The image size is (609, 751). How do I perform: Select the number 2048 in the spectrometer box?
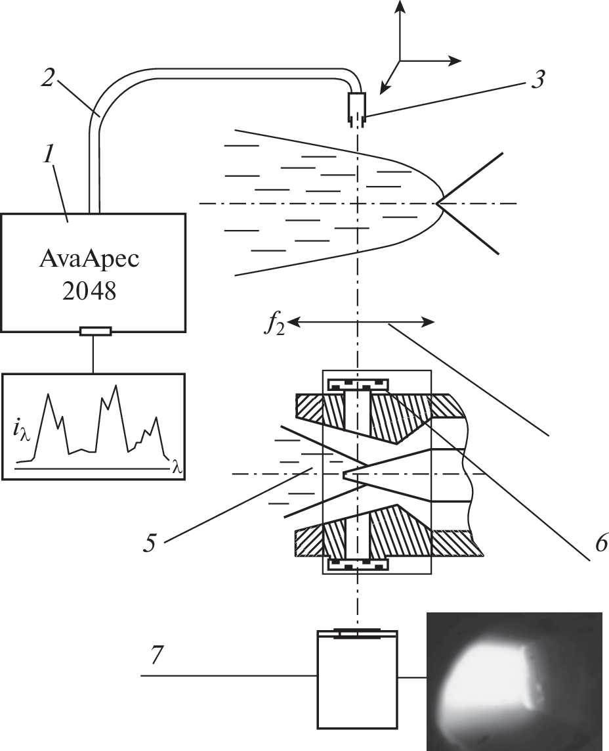(x=94, y=292)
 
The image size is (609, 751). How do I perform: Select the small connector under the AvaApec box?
(x=94, y=331)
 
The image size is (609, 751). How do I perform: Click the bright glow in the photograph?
(x=486, y=677)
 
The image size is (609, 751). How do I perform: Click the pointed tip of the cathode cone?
(x=345, y=473)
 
